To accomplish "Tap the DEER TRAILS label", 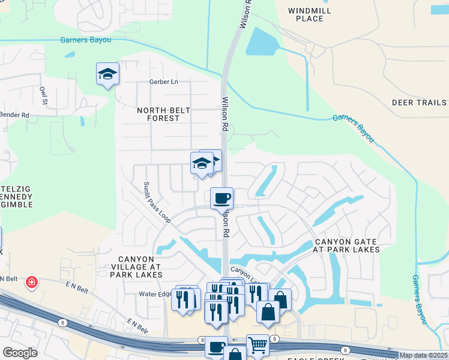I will pyautogui.click(x=419, y=103).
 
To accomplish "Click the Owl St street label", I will pyautogui.click(x=43, y=96).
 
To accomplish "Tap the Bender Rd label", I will pyautogui.click(x=15, y=115).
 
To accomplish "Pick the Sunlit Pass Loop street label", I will pyautogui.click(x=157, y=202).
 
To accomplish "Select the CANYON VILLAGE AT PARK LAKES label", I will pyautogui.click(x=136, y=266).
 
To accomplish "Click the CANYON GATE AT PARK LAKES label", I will pyautogui.click(x=347, y=245).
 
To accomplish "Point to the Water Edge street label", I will pyautogui.click(x=156, y=294).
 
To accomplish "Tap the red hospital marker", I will pyautogui.click(x=31, y=282).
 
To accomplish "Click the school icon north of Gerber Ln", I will pyautogui.click(x=107, y=74).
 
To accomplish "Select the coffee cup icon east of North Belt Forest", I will pyautogui.click(x=221, y=197).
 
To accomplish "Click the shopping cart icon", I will pyautogui.click(x=258, y=344).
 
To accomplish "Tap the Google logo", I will pyautogui.click(x=20, y=353).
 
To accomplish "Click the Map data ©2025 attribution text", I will pyautogui.click(x=423, y=355).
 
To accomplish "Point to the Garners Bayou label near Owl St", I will pyautogui.click(x=86, y=40).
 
